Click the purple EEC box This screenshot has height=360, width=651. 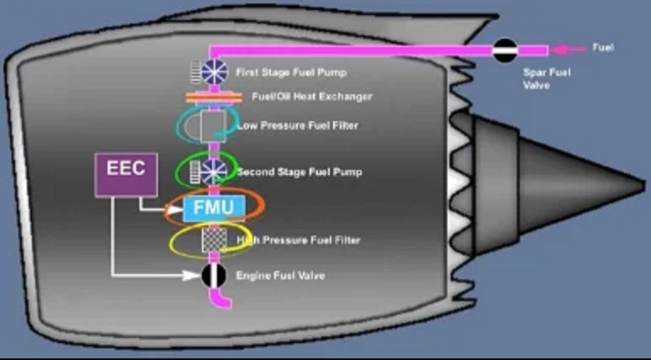tap(125, 175)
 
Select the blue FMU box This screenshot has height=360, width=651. tap(213, 206)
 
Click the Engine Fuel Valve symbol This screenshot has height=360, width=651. tap(214, 275)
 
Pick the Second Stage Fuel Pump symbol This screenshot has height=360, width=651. tap(213, 172)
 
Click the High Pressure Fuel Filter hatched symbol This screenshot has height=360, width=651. tap(213, 241)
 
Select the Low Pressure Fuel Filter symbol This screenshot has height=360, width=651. tap(211, 126)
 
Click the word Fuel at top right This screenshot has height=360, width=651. tap(603, 48)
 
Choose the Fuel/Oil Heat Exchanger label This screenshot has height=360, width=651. tap(311, 97)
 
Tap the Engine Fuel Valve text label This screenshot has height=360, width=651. tap(280, 276)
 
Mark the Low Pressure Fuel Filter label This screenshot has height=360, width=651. tap(297, 126)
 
